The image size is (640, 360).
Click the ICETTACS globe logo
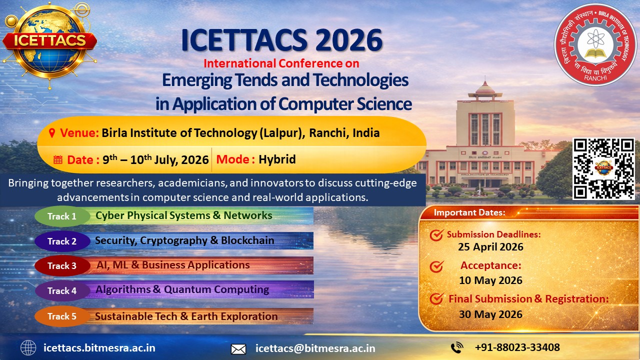(x=49, y=44)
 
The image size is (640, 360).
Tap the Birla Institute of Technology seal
(x=595, y=45)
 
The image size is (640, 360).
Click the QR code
(x=603, y=168)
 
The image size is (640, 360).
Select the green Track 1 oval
(x=62, y=216)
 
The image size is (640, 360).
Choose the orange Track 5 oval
(x=62, y=316)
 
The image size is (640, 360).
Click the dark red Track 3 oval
(x=62, y=265)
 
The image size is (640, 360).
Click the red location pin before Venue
(x=51, y=133)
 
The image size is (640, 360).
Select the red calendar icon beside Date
(x=58, y=159)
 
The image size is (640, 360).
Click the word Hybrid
(x=277, y=159)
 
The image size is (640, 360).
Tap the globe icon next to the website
(x=28, y=348)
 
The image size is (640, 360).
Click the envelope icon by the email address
(x=238, y=349)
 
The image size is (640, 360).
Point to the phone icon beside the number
(x=457, y=347)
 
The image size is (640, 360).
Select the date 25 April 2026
(x=490, y=247)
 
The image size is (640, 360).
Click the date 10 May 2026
(x=490, y=280)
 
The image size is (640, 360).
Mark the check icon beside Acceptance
(x=436, y=266)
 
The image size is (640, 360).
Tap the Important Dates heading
(x=469, y=212)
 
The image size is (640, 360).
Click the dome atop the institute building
(x=485, y=88)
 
